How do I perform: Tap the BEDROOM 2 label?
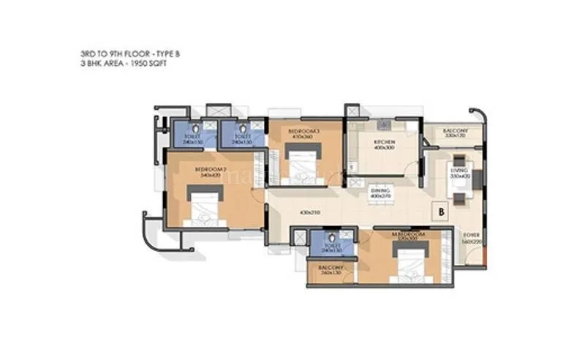[208, 173]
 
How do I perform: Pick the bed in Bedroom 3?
[302, 163]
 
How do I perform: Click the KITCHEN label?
[385, 142]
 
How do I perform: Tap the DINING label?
[380, 192]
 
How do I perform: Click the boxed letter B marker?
[442, 211]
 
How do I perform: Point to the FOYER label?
[471, 236]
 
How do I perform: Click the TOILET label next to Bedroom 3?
[241, 139]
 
